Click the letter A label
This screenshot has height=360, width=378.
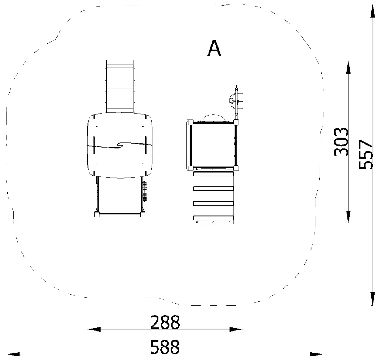coord(214,48)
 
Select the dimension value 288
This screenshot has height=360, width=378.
coord(165,322)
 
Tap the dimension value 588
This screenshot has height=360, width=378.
coord(165,347)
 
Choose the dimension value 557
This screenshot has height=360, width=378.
coord(366,154)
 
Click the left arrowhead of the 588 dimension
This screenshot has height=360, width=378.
coord(13,354)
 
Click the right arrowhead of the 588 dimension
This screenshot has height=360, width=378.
coord(317,354)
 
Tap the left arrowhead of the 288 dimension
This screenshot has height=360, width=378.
coord(94,329)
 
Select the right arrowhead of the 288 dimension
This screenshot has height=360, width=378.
coord(236,329)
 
